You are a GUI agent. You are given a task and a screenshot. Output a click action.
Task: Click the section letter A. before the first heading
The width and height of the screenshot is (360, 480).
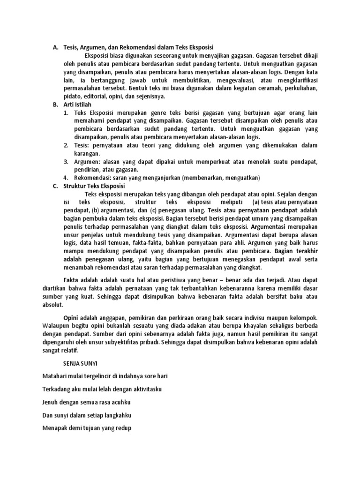tap(55, 47)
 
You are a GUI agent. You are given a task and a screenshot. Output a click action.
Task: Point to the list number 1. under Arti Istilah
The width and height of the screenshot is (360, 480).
tap(66, 112)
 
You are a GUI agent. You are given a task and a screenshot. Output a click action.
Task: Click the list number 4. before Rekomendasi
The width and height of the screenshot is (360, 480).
tap(66, 178)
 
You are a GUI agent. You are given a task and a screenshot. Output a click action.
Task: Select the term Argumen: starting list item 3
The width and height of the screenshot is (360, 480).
tap(89, 161)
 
